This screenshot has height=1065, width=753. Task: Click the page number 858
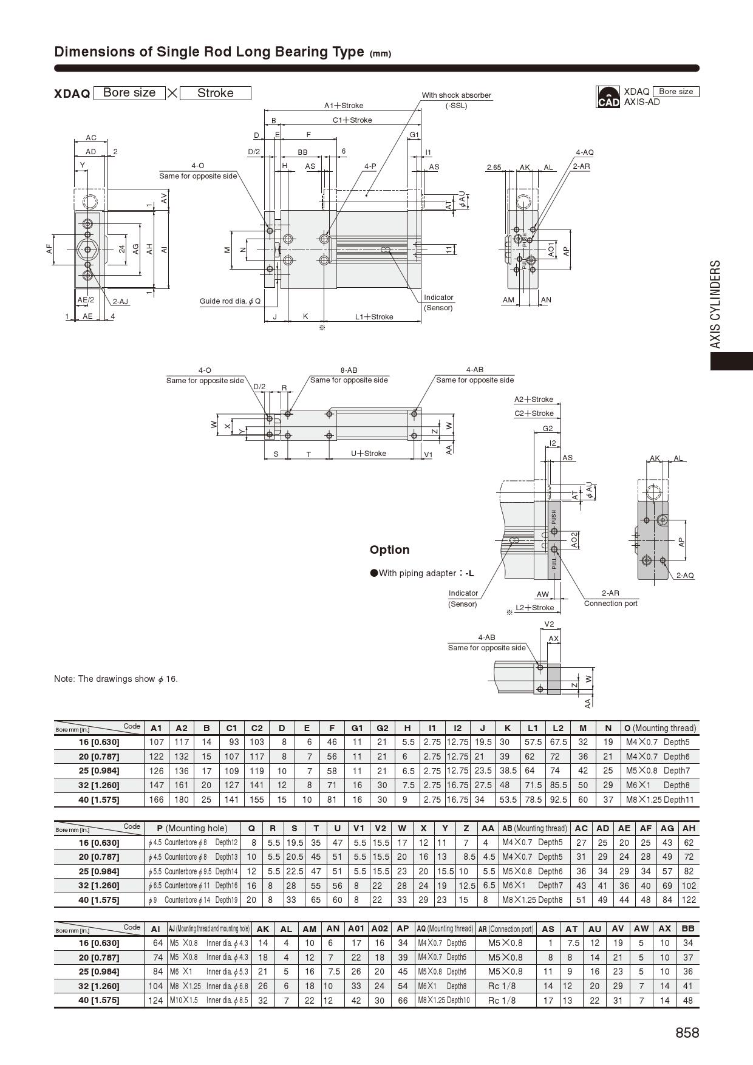coord(687,1033)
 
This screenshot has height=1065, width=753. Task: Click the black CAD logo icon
coord(608,97)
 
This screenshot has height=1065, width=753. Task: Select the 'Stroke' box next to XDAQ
coord(216,93)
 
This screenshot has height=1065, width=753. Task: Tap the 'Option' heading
coord(389,550)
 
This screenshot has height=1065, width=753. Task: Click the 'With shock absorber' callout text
coord(456,95)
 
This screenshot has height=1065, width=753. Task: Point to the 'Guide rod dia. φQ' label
coord(230,301)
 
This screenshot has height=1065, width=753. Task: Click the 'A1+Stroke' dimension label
coord(344,106)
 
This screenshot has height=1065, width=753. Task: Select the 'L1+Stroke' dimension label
coord(374,317)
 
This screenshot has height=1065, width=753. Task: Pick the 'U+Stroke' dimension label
coord(369,454)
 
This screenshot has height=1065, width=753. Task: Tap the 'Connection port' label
coord(610,604)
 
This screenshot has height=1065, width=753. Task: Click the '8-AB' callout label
coord(349,370)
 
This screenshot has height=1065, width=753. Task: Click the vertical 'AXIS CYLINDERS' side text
coord(716,304)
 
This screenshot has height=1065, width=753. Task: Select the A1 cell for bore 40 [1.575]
coord(157,800)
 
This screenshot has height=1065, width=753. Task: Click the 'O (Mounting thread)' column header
coord(660,728)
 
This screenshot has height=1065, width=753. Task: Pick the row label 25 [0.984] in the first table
coord(99,771)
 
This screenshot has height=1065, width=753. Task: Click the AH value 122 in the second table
coord(688,900)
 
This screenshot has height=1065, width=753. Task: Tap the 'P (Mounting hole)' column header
coord(192,828)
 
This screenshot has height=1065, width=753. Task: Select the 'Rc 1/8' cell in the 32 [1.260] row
coord(502,986)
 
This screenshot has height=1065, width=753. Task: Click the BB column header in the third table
coord(688,929)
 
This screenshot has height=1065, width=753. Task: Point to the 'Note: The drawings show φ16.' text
coord(116,679)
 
